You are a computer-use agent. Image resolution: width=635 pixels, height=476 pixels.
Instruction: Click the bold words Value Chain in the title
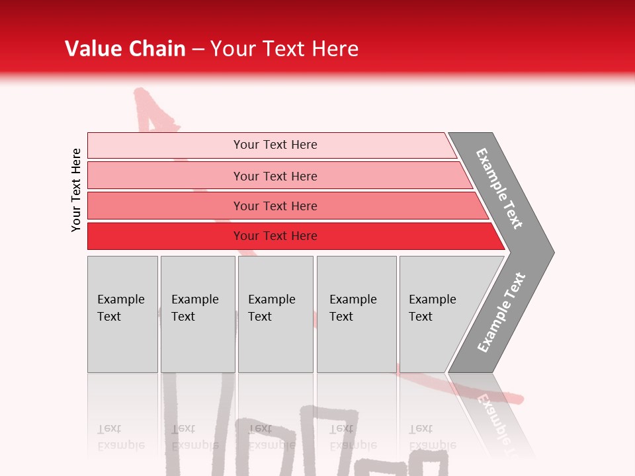(125, 49)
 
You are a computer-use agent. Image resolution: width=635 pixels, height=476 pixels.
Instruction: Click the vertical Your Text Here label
(76, 190)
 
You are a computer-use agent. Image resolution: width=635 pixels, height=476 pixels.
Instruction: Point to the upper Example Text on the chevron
(499, 188)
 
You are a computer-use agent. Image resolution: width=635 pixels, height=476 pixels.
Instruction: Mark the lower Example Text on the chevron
(501, 313)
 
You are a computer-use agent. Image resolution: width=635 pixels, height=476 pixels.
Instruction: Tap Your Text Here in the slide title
(284, 49)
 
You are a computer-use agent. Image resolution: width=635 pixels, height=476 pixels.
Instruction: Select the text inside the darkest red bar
(275, 236)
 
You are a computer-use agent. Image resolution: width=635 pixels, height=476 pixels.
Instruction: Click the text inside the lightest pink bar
(275, 145)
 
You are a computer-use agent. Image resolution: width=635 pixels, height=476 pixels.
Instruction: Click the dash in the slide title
(198, 49)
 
